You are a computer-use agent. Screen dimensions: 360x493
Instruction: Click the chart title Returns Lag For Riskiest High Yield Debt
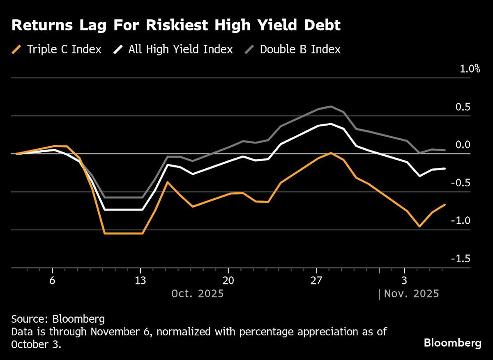(176, 25)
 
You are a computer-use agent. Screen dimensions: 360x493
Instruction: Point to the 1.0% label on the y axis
(470, 69)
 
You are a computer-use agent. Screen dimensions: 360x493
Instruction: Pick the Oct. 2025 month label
(197, 294)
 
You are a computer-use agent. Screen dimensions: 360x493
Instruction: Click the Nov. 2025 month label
(411, 294)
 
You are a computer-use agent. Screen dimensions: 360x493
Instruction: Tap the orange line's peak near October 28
(331, 153)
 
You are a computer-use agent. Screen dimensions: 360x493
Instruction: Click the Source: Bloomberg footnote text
(58, 319)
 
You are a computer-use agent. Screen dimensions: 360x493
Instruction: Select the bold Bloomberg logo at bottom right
(452, 343)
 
